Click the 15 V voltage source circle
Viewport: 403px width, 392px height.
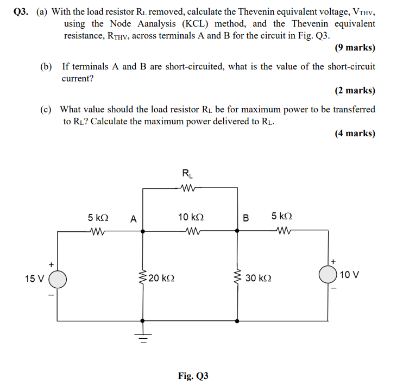[x=58, y=280]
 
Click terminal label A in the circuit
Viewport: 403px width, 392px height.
[x=133, y=219]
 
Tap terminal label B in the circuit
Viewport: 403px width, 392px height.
[x=245, y=219]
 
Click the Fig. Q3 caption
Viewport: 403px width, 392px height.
[x=193, y=375]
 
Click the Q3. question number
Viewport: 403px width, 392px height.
[x=20, y=11]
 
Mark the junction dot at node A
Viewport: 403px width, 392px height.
[x=143, y=231]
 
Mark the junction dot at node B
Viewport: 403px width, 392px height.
[x=237, y=231]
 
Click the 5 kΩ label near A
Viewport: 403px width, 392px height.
[x=98, y=217]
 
